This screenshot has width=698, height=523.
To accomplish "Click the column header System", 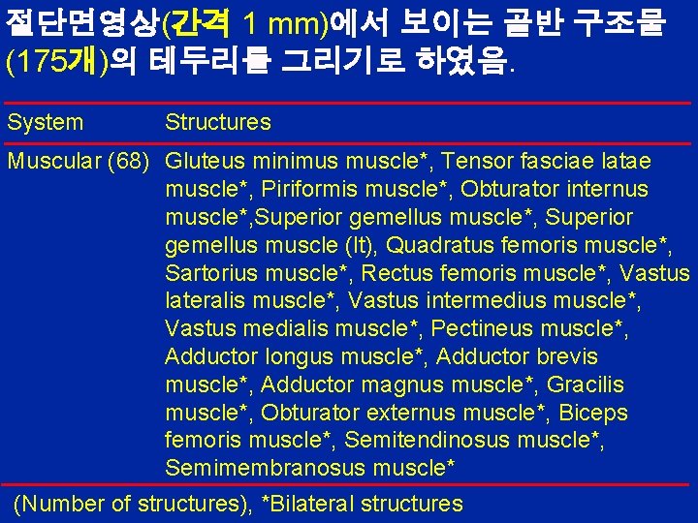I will [x=46, y=123].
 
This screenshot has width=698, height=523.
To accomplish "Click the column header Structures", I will [x=218, y=123].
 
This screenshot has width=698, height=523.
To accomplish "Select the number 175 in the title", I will [x=41, y=64].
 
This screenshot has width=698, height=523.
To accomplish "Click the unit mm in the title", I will [x=295, y=23].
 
